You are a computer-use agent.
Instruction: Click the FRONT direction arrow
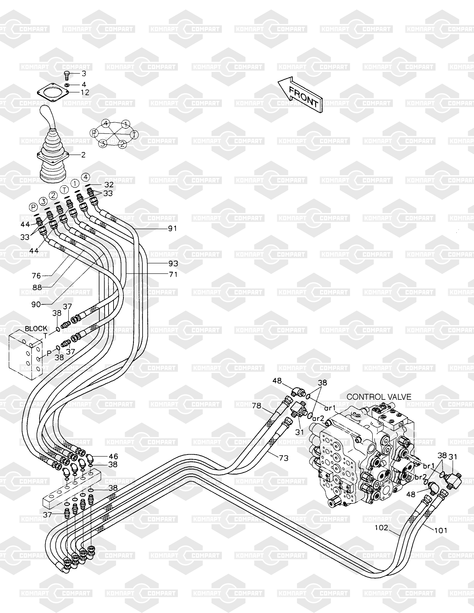tap(300, 95)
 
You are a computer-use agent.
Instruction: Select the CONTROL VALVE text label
tap(379, 397)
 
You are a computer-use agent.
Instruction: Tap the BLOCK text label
tap(36, 328)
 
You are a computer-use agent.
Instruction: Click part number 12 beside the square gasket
tap(85, 92)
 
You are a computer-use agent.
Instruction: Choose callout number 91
tap(172, 229)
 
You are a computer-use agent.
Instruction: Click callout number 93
tap(173, 264)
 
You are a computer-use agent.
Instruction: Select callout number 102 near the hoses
tap(381, 528)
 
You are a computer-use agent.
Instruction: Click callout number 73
tap(284, 458)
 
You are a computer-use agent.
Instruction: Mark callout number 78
tap(256, 406)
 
